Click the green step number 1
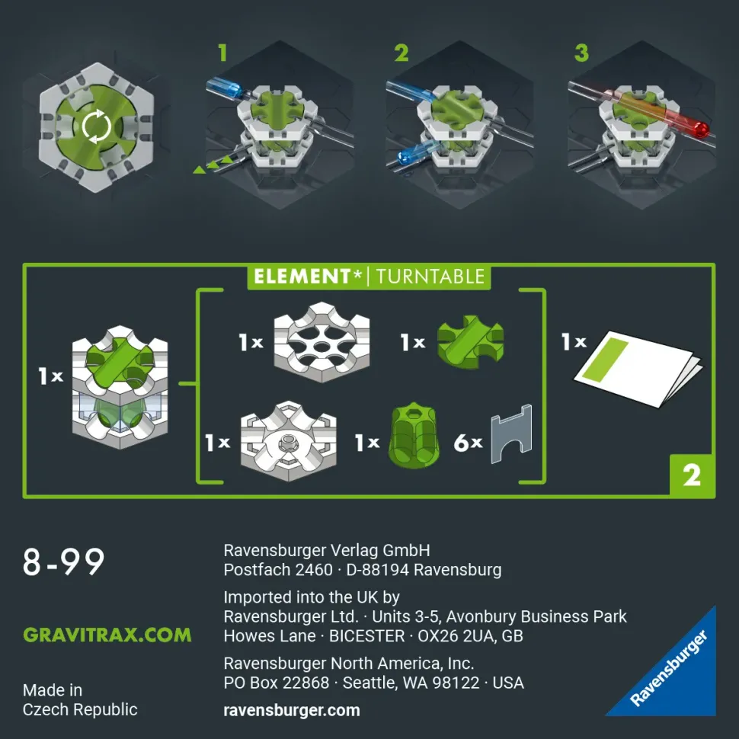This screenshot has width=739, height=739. [x=223, y=53]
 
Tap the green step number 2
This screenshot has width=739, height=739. [x=401, y=53]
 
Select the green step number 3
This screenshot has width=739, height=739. [x=581, y=53]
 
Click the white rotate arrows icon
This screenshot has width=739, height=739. [x=97, y=126]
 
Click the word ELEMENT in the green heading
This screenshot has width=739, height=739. [x=302, y=277]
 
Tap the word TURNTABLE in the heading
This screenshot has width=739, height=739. [x=430, y=277]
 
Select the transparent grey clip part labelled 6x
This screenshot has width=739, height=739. [x=512, y=433]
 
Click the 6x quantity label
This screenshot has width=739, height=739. [x=468, y=443]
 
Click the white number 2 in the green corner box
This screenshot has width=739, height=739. [x=692, y=476]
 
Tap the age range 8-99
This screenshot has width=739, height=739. [x=63, y=561]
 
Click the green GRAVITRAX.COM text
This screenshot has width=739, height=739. [x=107, y=635]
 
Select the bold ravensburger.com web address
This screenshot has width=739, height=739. [x=292, y=710]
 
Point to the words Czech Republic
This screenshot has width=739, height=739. [x=80, y=710]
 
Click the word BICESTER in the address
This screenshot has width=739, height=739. [x=366, y=636]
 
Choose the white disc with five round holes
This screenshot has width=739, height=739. [x=322, y=342]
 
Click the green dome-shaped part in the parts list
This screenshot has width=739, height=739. [x=414, y=436]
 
